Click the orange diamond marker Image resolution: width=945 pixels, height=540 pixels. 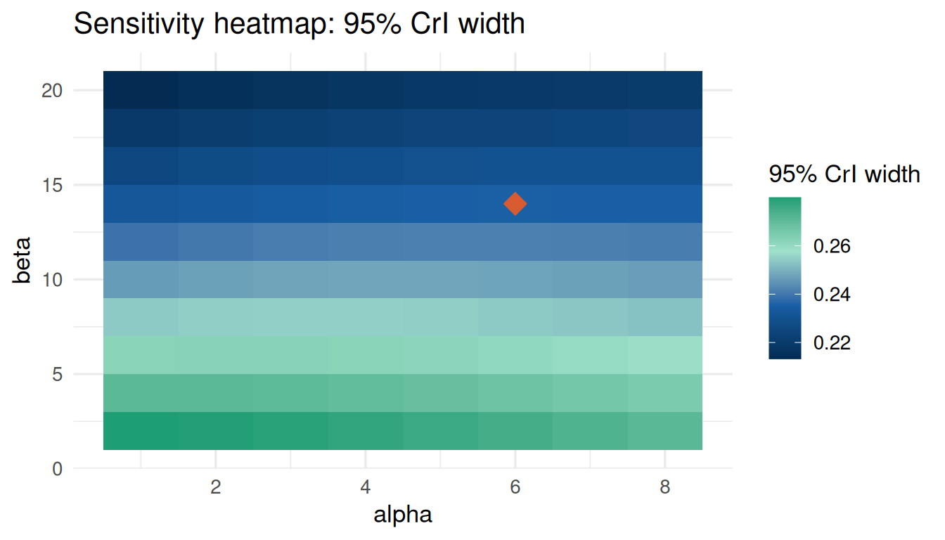point(515,204)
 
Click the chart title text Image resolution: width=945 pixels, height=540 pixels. point(299,24)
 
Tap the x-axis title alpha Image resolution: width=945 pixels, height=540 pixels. point(403,514)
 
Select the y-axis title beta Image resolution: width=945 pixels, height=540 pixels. point(22,260)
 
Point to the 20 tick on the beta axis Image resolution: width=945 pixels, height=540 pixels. point(52,90)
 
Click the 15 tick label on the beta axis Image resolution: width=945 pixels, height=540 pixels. point(52,185)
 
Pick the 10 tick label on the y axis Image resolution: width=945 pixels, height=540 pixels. point(52,279)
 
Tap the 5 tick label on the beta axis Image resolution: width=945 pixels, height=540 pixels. point(58,374)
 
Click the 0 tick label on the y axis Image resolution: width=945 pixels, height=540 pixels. point(58,469)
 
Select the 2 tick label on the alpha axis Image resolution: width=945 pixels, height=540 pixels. point(216,487)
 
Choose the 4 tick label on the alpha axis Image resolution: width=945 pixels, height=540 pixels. point(366,487)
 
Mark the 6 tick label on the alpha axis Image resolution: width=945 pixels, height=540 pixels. point(515,487)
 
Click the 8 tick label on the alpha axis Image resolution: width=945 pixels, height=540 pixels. point(665,487)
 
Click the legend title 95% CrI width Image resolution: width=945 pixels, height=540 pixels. point(844,174)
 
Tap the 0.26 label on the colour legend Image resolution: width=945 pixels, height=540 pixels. point(832,246)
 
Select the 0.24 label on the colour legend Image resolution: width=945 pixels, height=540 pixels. point(832,295)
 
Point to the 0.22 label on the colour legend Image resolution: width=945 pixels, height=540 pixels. point(832,343)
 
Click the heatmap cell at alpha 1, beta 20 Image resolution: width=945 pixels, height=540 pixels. point(141,90)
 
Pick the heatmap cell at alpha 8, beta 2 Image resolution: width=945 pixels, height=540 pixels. point(665,431)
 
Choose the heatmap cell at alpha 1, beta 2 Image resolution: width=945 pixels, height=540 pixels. point(141,431)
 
